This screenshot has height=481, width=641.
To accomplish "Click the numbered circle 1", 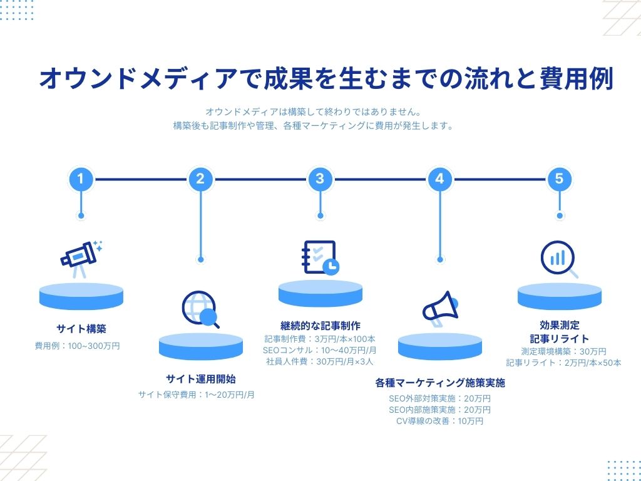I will (80, 179).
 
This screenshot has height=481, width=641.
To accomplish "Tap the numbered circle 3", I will (320, 179).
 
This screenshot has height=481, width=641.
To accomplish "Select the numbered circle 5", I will (559, 179).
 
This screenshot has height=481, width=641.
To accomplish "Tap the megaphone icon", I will (440, 309).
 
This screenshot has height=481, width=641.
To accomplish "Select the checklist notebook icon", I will (319, 257).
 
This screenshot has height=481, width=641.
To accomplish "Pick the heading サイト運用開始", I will (201, 379).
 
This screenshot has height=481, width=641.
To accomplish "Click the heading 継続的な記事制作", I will (320, 326).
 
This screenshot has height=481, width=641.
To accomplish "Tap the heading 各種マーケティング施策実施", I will (440, 382).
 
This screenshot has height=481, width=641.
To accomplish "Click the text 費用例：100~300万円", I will (77, 345).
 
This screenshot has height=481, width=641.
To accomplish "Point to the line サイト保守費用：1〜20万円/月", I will (197, 395).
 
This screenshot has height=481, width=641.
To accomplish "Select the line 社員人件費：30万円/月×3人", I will (320, 361).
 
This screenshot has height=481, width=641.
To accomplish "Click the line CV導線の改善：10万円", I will (439, 421).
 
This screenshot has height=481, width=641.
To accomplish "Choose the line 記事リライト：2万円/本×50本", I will (563, 363).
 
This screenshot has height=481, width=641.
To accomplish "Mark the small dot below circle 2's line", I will (200, 259).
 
